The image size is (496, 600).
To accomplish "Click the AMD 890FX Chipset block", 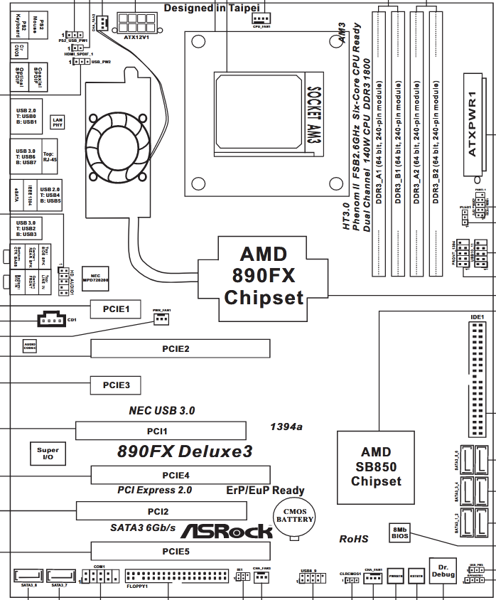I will pyautogui.click(x=264, y=275).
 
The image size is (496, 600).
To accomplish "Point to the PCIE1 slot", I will pyautogui.click(x=115, y=309).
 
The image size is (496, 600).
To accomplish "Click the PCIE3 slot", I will pyautogui.click(x=115, y=385).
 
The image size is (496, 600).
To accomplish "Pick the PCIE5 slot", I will pyautogui.click(x=180, y=551).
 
